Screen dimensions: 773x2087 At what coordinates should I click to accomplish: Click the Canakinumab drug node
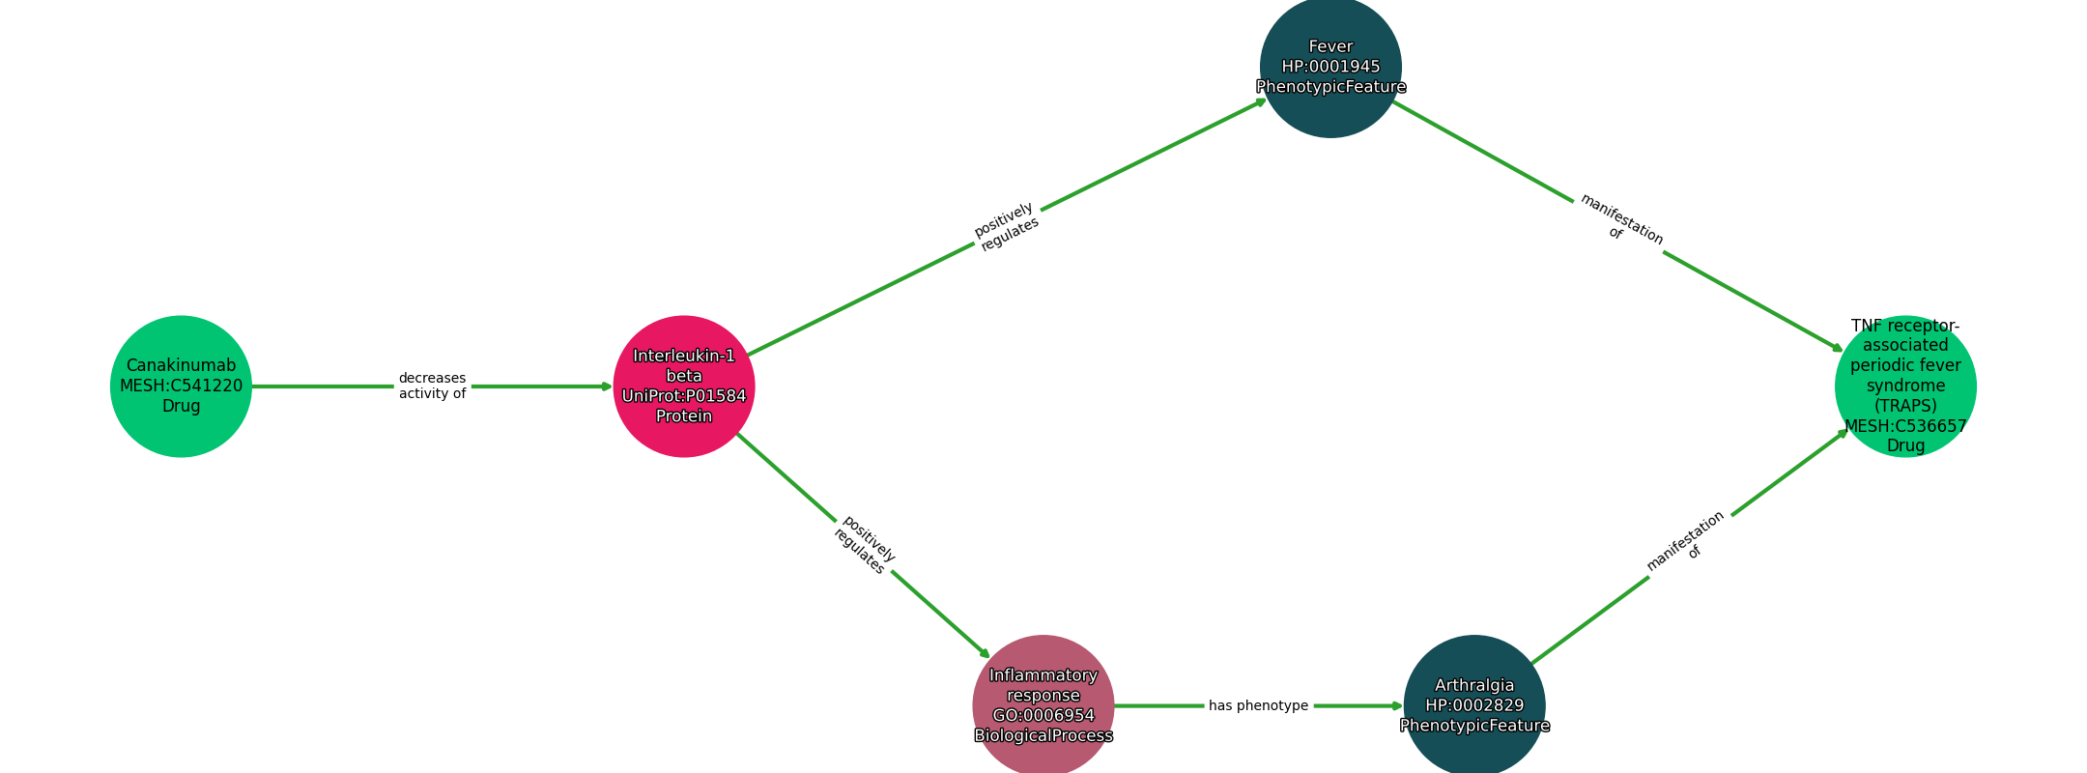point(181,386)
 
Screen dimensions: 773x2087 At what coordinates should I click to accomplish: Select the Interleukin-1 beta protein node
point(684,386)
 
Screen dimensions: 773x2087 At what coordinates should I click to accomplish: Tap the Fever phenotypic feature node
point(1330,67)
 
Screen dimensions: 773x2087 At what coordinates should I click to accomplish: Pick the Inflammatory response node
point(1043,705)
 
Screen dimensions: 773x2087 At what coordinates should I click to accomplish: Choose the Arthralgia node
point(1474,705)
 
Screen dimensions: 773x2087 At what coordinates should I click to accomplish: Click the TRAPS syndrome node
point(1905,386)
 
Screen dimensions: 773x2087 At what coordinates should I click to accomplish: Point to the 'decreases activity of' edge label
point(432,386)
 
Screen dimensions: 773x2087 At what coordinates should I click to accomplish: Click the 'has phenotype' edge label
point(1258,705)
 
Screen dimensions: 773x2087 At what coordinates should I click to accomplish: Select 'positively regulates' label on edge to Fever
point(1007,227)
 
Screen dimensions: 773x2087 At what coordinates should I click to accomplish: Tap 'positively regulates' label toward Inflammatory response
point(865,545)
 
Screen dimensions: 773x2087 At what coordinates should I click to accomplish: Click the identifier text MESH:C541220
point(181,386)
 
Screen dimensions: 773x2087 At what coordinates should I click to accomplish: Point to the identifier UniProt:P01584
point(684,396)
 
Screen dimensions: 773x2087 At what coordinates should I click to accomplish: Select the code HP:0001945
point(1330,67)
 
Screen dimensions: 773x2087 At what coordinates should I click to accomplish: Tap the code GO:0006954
point(1043,716)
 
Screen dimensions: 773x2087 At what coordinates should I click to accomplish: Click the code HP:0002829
point(1474,706)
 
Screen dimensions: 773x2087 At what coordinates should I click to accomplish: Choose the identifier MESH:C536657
point(1905,426)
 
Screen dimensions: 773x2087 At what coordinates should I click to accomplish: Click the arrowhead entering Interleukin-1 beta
point(608,386)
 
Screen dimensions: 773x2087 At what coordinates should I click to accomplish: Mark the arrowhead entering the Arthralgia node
point(1398,705)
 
